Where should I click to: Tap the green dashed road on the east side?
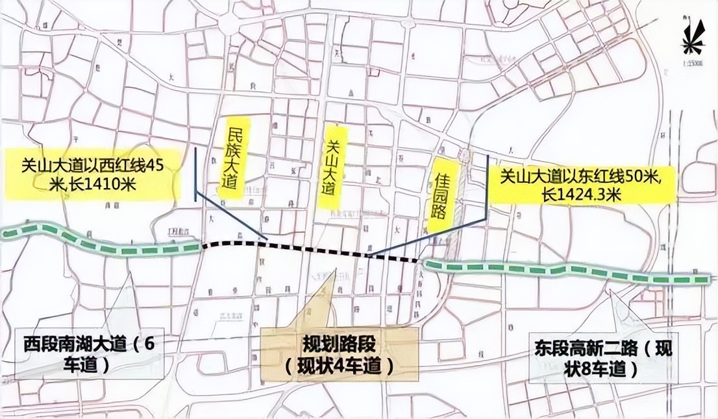565,271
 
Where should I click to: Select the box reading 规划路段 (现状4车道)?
338,355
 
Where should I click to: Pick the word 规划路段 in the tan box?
338,344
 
